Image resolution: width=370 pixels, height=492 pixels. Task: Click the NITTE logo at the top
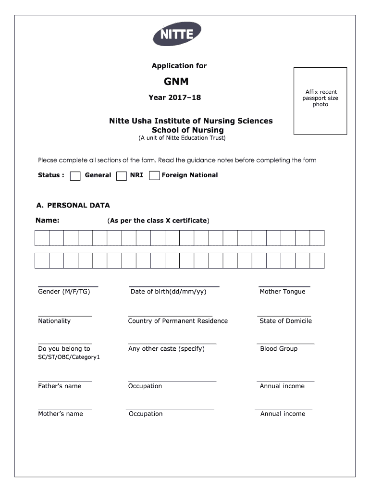click(x=176, y=35)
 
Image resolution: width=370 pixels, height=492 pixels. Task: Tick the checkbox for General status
click(x=75, y=176)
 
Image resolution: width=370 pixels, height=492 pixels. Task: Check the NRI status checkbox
click(x=122, y=176)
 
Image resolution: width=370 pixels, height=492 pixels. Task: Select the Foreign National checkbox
click(x=154, y=176)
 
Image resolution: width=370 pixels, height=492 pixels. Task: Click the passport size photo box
click(x=321, y=101)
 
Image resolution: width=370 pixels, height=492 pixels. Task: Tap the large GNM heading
click(x=176, y=82)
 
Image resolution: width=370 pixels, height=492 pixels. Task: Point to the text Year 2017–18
click(x=175, y=98)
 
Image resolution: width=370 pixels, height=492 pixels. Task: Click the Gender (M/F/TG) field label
click(x=64, y=292)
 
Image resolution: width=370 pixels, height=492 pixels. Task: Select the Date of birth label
click(x=168, y=292)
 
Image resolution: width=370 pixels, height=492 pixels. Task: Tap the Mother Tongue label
click(x=282, y=292)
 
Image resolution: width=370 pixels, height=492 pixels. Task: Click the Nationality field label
click(x=54, y=321)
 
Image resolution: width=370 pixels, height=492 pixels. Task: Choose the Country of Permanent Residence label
click(x=178, y=321)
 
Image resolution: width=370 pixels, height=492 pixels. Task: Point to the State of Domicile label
click(x=285, y=321)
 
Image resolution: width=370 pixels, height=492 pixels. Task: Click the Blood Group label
click(x=279, y=349)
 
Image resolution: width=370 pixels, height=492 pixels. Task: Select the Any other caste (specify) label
click(x=166, y=349)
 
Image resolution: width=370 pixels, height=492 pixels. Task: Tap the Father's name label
click(x=60, y=386)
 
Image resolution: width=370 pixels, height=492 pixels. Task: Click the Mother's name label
click(x=61, y=414)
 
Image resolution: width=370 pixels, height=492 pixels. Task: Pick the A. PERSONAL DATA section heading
click(x=73, y=206)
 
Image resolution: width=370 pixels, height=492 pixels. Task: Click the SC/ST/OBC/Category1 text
click(x=69, y=357)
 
